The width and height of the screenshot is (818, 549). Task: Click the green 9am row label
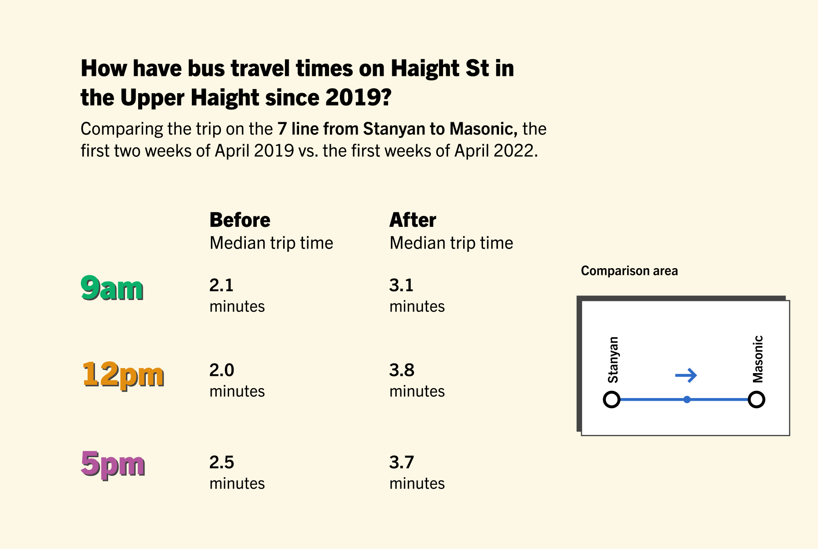pos(112,289)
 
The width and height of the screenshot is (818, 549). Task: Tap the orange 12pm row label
pos(123,375)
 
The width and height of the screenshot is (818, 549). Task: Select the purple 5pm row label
pos(113,464)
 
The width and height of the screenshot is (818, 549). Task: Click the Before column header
pos(240,220)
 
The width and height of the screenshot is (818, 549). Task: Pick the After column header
pos(413,220)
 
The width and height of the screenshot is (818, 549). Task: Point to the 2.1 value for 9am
pos(221,285)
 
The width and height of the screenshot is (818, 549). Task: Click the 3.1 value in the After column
pos(401,285)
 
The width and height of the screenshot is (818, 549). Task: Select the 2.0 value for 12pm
pos(222,370)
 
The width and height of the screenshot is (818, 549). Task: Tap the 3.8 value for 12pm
pos(402,370)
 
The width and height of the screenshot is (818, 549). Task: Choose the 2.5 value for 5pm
pos(222,462)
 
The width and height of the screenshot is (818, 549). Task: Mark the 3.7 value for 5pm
pos(402,462)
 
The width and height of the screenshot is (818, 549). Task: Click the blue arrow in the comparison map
pos(686,375)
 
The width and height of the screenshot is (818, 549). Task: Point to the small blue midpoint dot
pos(687,399)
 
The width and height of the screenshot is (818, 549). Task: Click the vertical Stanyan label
pos(613,359)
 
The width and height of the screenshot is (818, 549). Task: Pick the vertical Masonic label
pos(758,359)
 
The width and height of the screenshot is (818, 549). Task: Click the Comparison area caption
pos(629,271)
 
